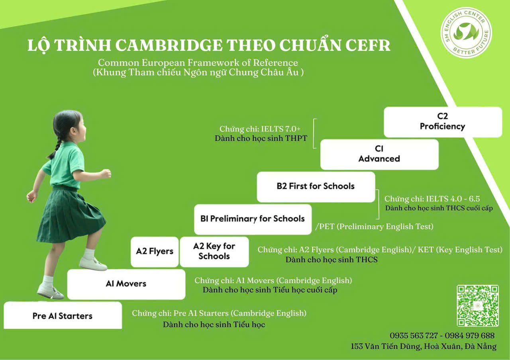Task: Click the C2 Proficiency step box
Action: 443,122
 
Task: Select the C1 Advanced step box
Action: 379,154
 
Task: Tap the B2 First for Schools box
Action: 316,187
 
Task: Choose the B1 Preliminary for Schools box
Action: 253,219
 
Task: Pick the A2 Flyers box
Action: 155,252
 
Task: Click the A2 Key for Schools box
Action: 214,252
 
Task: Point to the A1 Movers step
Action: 126,284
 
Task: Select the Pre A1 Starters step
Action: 63,315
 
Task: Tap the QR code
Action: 478,305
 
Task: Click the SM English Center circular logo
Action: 466,33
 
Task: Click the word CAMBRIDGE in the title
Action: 169,45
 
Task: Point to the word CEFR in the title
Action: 368,45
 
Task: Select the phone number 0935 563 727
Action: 414,335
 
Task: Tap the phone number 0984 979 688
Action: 470,335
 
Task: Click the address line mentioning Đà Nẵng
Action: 424,346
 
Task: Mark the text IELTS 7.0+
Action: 281,129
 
